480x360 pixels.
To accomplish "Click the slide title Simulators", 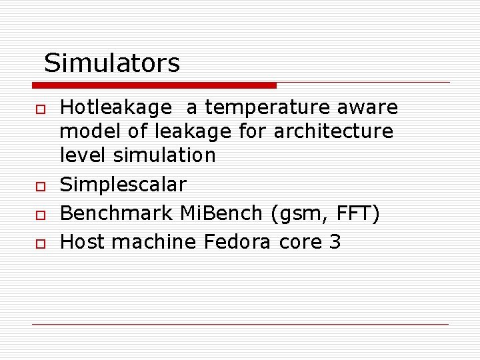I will click(112, 63).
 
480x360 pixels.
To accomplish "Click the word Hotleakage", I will click(115, 107).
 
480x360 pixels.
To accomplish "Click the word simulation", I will click(164, 155).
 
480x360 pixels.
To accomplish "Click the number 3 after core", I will click(335, 242).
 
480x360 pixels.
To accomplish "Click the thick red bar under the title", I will click(154, 85).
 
